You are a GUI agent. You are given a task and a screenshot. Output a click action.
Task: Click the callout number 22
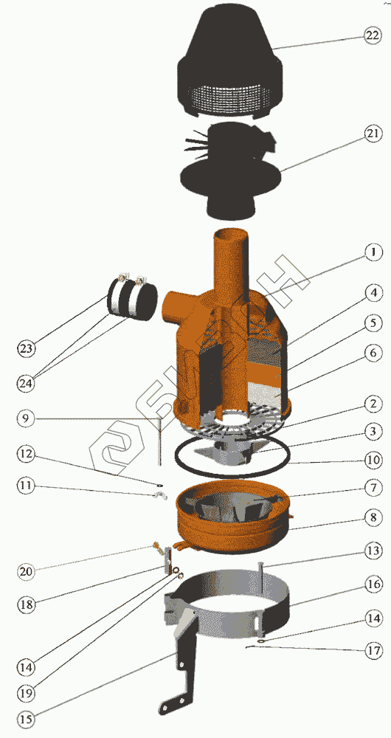[371, 35]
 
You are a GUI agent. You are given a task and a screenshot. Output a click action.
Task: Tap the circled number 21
[371, 134]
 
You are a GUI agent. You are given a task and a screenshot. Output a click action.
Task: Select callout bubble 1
[371, 252]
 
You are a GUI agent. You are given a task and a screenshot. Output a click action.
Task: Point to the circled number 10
[372, 458]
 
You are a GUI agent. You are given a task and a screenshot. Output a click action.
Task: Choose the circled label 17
[372, 650]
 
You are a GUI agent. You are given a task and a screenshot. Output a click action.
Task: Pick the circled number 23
[27, 348]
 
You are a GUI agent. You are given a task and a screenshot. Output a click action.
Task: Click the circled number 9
[27, 418]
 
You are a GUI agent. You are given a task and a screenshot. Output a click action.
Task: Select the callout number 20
[26, 572]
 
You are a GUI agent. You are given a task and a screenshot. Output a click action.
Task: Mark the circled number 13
[372, 551]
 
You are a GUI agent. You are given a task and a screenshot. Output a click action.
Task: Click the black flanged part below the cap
[231, 170]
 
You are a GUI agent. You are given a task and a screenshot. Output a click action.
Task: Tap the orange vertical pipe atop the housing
[232, 263]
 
